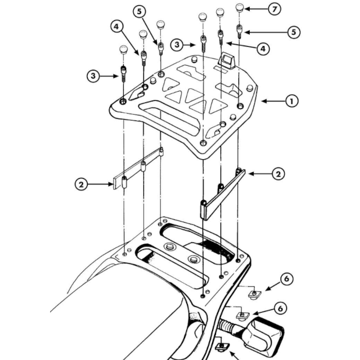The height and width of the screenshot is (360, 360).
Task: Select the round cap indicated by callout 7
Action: pos(240,9)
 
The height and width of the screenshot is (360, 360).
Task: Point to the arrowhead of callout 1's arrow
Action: pos(260,101)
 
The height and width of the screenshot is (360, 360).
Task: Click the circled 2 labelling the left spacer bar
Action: pos(82,183)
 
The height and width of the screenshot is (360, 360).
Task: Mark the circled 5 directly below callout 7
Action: pos(293,32)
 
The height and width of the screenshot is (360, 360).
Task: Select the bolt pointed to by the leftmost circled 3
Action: pos(123,73)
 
